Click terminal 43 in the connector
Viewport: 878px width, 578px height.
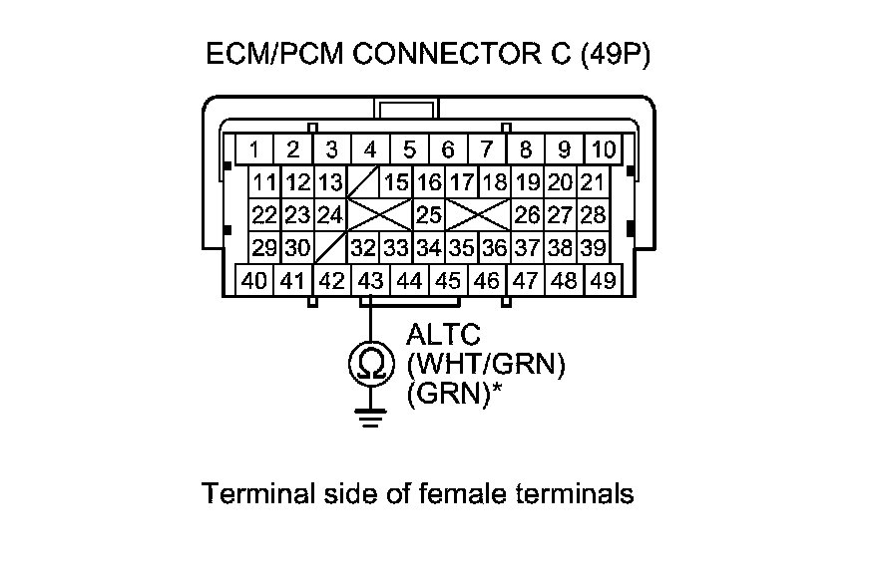tap(370, 281)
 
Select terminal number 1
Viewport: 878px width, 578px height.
tap(255, 150)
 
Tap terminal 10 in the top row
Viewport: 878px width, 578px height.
tap(603, 150)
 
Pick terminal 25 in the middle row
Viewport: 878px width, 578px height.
tap(429, 214)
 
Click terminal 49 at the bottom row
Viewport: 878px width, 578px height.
tap(603, 281)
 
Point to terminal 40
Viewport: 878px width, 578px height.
tap(254, 281)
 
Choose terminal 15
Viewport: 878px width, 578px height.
tap(397, 183)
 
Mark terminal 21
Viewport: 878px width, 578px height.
tap(593, 183)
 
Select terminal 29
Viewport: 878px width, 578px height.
tap(263, 247)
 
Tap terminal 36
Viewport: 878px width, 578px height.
tap(495, 247)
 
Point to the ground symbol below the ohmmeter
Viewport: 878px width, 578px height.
tap(370, 416)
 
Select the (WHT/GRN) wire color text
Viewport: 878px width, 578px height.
tap(487, 366)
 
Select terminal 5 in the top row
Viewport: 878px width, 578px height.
tap(409, 150)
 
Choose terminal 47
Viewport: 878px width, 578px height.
tap(526, 281)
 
